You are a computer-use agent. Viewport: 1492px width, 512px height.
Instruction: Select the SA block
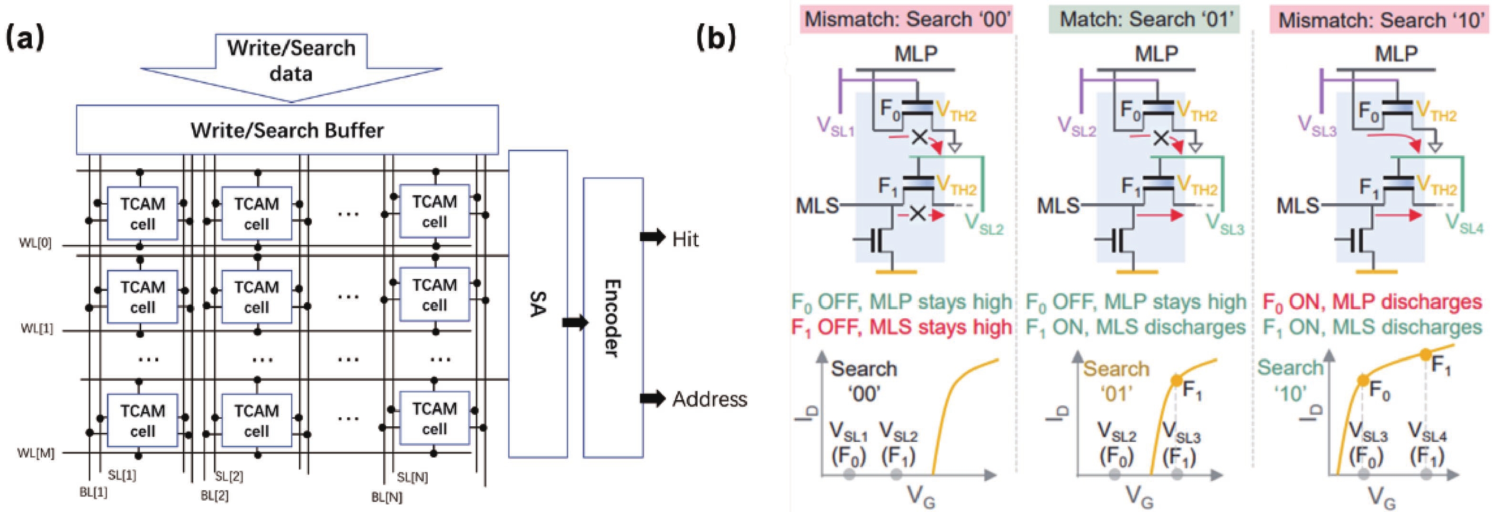(x=538, y=304)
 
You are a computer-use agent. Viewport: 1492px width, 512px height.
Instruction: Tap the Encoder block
(x=613, y=317)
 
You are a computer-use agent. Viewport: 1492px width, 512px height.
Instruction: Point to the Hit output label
(x=685, y=239)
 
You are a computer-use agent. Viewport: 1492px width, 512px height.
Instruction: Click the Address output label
(x=710, y=399)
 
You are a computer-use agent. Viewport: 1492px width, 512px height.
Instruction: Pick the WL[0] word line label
(x=36, y=243)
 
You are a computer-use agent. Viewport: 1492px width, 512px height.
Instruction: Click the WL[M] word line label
(x=36, y=453)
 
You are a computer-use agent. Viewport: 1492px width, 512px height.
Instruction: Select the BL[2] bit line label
(x=214, y=496)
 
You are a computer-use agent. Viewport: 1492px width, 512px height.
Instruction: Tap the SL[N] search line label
(x=413, y=477)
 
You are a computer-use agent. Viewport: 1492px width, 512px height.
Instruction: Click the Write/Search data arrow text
(x=291, y=61)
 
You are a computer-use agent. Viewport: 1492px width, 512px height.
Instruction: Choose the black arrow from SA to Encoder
(x=575, y=322)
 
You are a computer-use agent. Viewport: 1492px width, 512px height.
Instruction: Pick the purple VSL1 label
(x=835, y=126)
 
